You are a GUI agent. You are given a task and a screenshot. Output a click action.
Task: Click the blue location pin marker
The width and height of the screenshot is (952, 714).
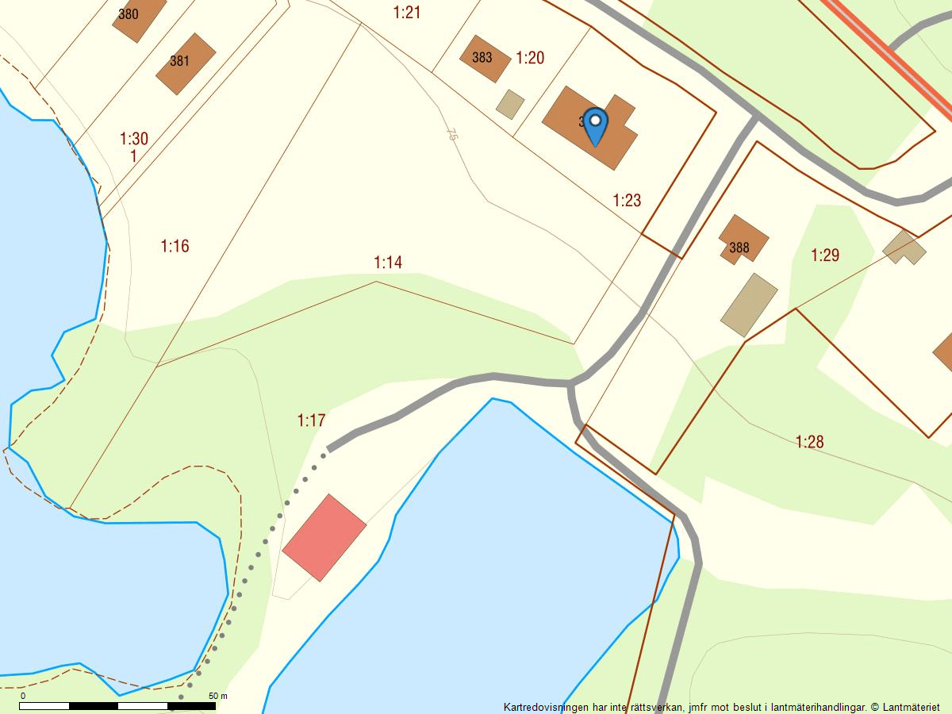[x=594, y=125]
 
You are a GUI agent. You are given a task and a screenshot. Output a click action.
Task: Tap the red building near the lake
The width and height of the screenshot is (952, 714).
[x=324, y=538]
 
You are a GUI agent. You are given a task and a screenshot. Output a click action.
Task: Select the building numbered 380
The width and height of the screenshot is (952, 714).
[x=136, y=16]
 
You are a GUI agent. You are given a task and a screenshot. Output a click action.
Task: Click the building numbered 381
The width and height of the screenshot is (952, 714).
[x=185, y=63]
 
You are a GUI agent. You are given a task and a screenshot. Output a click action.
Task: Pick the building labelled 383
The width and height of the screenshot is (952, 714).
[x=484, y=58]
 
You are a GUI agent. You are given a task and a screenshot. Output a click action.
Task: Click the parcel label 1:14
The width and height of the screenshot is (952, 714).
[x=388, y=262]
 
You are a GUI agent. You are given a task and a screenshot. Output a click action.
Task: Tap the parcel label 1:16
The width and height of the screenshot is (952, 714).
[x=175, y=246]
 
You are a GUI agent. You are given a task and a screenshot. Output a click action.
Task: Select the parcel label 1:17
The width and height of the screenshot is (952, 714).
[x=311, y=420]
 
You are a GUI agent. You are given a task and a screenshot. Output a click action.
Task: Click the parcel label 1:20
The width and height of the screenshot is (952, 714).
[x=530, y=57]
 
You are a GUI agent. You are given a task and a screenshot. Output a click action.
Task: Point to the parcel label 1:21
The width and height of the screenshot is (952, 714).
[x=406, y=12]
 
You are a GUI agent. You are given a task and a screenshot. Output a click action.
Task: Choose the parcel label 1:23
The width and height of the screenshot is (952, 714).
[x=627, y=200]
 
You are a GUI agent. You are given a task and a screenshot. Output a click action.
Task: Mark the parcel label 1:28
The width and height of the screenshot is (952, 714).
[x=809, y=442]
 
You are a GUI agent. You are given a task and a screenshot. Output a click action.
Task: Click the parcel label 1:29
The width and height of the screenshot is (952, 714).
[x=825, y=255]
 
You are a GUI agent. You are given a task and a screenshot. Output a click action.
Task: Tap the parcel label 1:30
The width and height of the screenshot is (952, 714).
[x=134, y=139]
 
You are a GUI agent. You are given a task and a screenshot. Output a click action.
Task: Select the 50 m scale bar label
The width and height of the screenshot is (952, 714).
[x=218, y=696]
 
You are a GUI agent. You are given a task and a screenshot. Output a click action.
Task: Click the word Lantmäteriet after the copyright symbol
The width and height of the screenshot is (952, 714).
[x=915, y=707]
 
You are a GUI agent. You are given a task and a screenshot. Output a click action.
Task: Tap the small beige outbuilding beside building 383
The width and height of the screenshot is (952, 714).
[x=510, y=104]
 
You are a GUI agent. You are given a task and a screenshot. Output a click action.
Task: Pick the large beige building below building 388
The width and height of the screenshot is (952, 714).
[x=749, y=305]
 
